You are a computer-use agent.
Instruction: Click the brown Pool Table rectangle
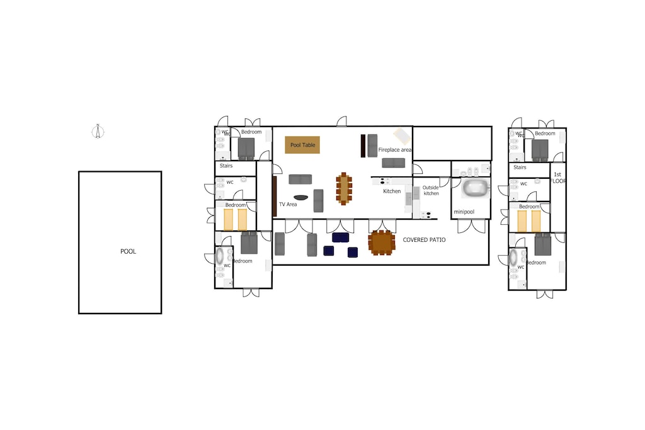302,145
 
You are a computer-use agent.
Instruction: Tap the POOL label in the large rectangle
128,252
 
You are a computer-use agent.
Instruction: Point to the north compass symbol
97,131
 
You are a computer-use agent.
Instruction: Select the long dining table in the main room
343,188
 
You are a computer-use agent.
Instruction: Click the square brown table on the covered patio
382,242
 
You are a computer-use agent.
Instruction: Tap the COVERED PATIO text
424,240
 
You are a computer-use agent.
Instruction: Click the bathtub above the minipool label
476,188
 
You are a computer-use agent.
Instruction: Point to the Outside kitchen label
431,190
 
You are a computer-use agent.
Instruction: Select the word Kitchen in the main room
392,191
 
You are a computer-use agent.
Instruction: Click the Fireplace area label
395,150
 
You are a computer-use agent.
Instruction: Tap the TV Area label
288,204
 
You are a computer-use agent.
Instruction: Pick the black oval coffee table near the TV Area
301,198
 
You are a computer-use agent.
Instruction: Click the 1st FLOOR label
557,178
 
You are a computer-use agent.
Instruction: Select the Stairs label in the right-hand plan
520,167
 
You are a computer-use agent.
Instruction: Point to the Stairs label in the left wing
225,166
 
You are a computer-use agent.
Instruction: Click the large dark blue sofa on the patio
340,237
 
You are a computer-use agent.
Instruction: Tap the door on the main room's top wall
341,122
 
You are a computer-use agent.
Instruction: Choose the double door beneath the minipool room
471,225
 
